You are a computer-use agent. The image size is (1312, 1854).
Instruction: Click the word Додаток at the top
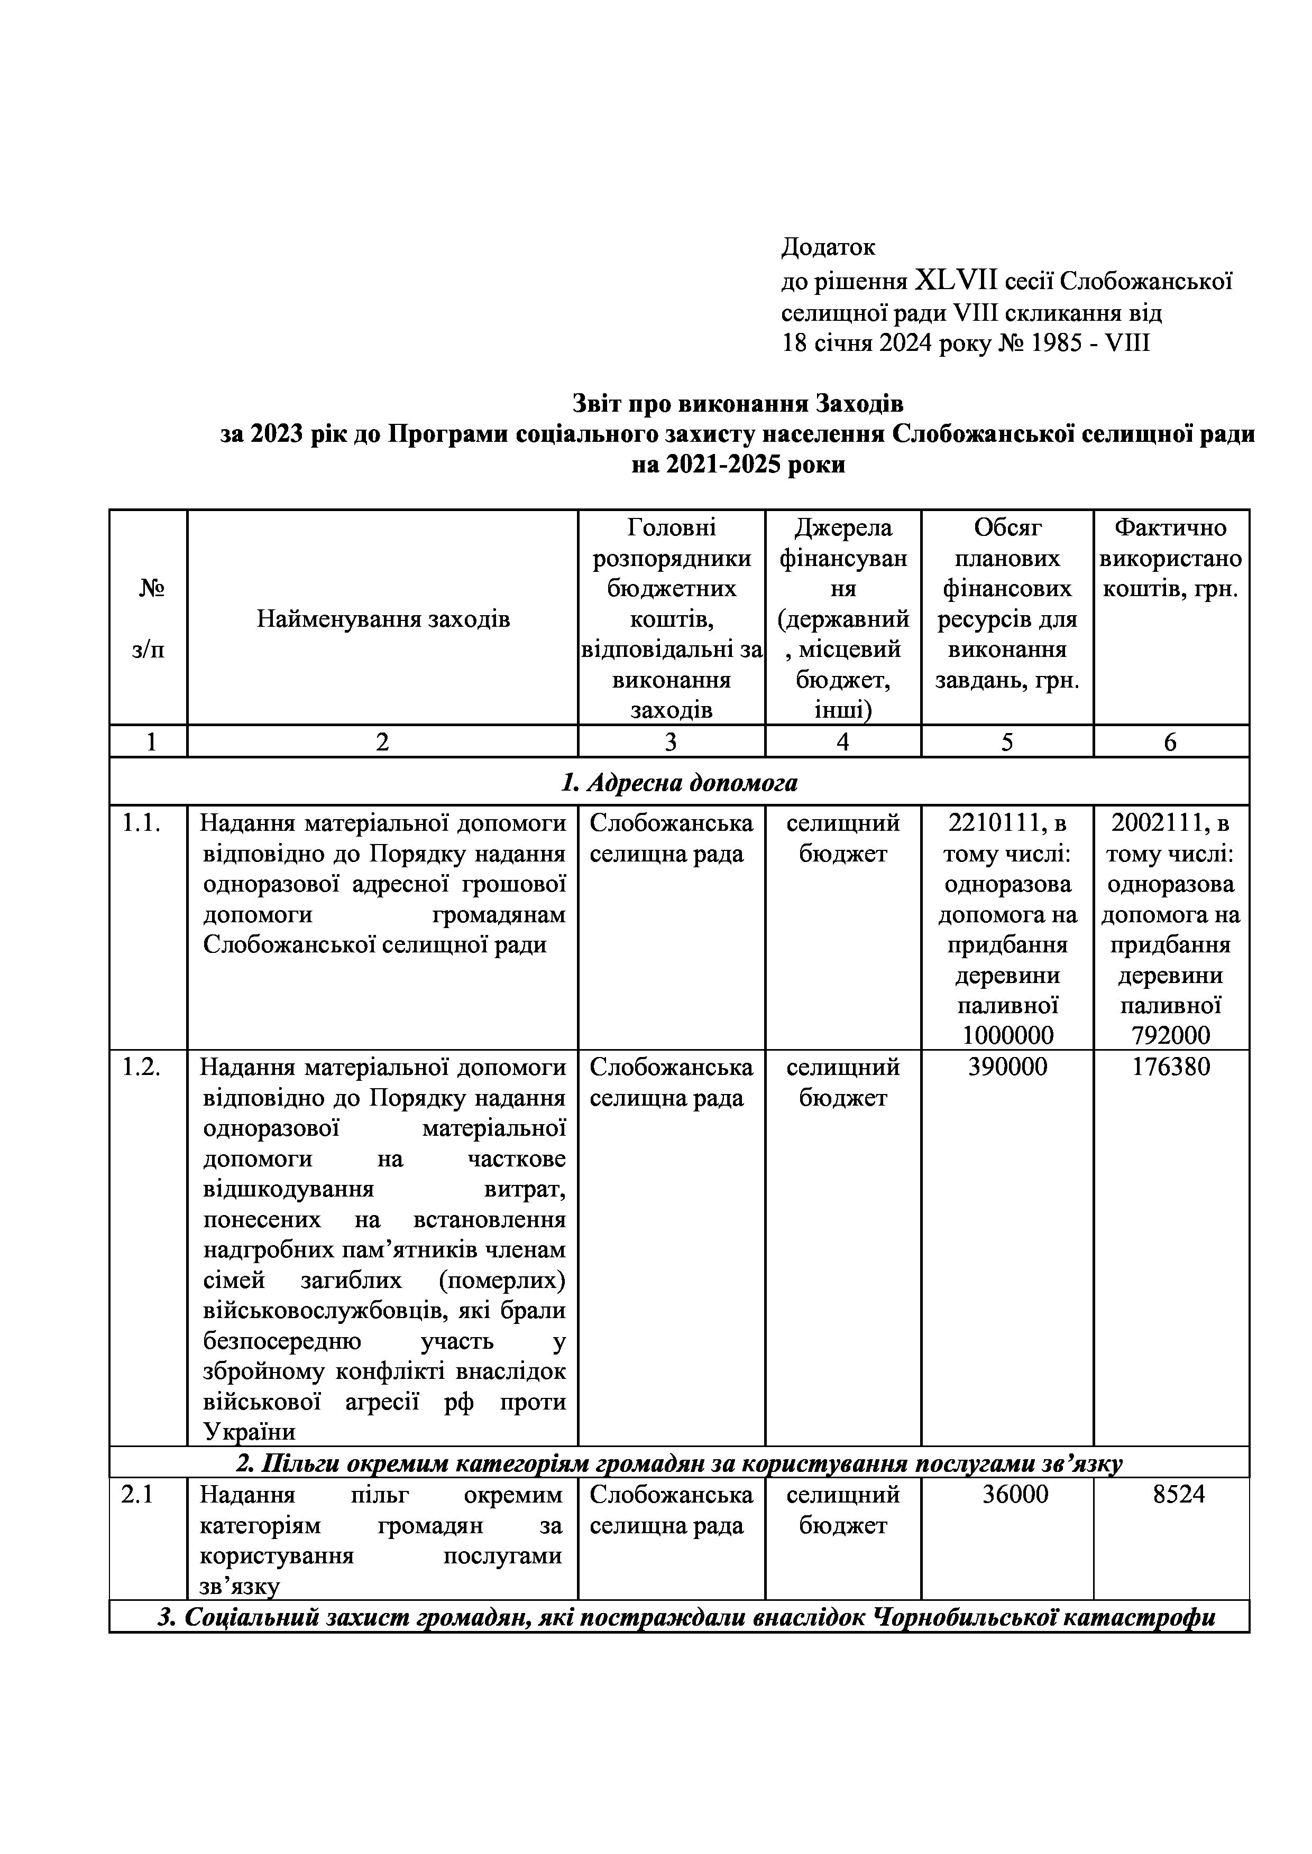point(828,247)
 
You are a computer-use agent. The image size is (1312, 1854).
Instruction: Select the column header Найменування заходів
point(383,619)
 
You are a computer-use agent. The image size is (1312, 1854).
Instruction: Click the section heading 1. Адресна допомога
point(680,783)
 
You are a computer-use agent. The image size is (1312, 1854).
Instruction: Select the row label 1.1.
point(141,823)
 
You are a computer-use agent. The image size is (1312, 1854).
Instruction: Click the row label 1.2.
point(141,1068)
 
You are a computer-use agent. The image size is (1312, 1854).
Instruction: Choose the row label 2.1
point(137,1495)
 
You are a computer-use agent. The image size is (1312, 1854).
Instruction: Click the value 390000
point(1007,1068)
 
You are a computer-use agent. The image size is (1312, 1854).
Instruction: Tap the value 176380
point(1171,1068)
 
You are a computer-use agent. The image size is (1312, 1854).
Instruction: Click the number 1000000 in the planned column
point(1007,1035)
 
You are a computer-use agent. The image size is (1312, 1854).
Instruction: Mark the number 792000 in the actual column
point(1171,1035)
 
